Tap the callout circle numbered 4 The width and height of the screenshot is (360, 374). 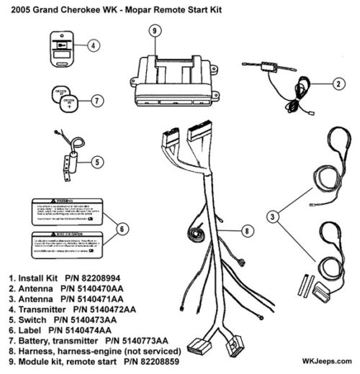coord(94,45)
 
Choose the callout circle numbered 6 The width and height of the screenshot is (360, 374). coord(122,229)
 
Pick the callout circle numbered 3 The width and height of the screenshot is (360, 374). coord(271,215)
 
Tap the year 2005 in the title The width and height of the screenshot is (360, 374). coord(17,8)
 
